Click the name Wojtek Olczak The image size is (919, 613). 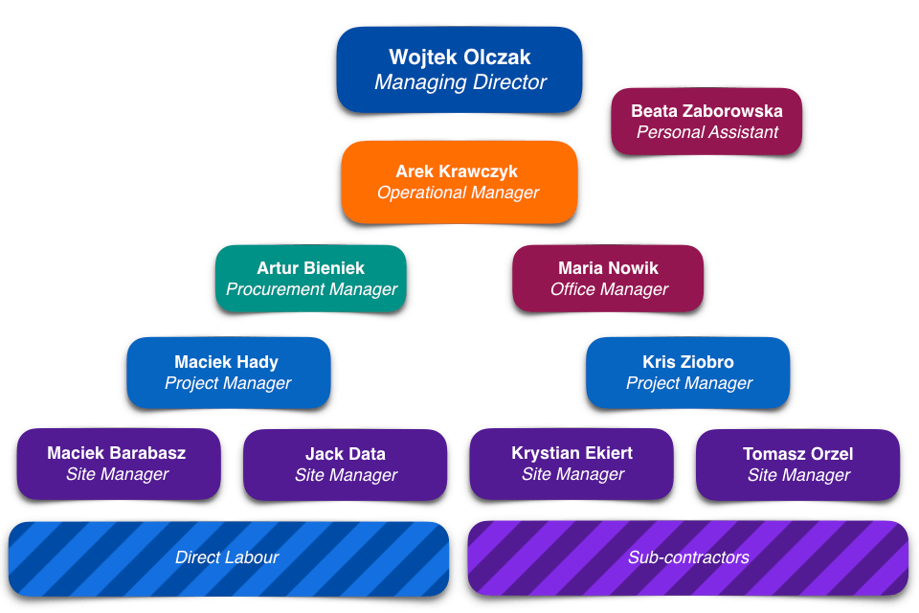pyautogui.click(x=459, y=57)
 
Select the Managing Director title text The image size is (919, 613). pyautogui.click(x=459, y=82)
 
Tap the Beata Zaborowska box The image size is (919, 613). pyautogui.click(x=706, y=122)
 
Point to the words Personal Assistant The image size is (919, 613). pyautogui.click(x=707, y=132)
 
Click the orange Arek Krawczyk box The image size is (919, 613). pyautogui.click(x=459, y=182)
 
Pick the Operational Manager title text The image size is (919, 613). pyautogui.click(x=458, y=193)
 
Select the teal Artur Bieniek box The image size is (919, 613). pyautogui.click(x=311, y=279)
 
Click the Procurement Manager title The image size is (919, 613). pyautogui.click(x=311, y=289)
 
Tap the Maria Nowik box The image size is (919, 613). pyautogui.click(x=608, y=279)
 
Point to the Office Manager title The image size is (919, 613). pyautogui.click(x=609, y=289)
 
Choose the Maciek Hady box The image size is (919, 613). pyautogui.click(x=228, y=373)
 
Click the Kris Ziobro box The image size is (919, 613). pyautogui.click(x=688, y=373)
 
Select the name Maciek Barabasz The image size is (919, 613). pyautogui.click(x=117, y=453)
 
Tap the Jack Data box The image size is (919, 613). pyautogui.click(x=345, y=465)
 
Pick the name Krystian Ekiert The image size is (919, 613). pyautogui.click(x=572, y=453)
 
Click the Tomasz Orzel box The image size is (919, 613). pyautogui.click(x=798, y=465)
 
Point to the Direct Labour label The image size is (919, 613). pyautogui.click(x=227, y=557)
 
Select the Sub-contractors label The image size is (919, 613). pyautogui.click(x=688, y=557)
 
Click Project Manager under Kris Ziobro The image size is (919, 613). pyautogui.click(x=689, y=383)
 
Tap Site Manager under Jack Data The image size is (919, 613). pyautogui.click(x=346, y=475)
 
